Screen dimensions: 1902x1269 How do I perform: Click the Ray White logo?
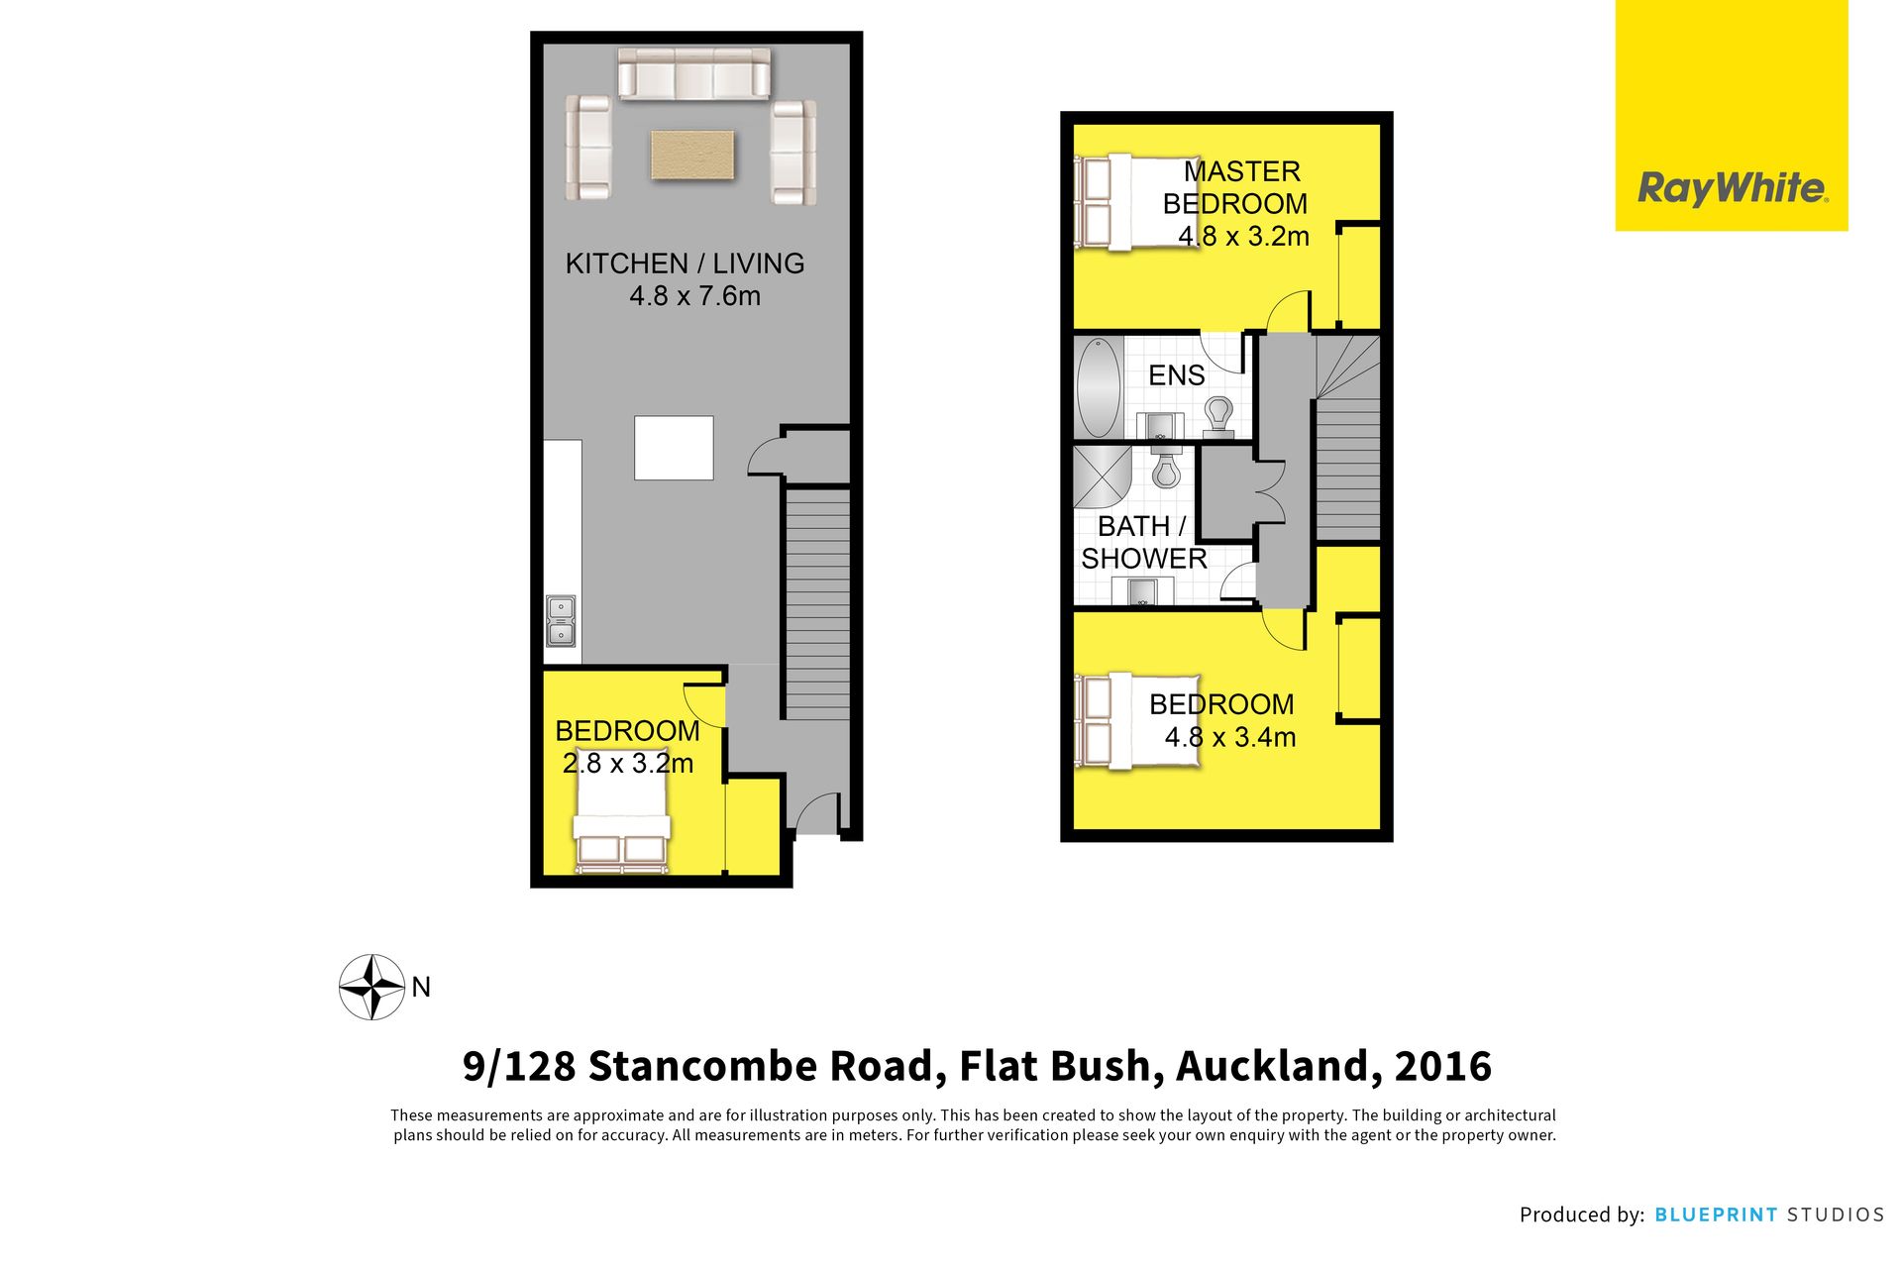(x=1732, y=187)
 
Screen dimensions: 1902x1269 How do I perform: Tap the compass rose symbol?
(x=371, y=987)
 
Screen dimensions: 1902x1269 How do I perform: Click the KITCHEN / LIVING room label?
(x=685, y=264)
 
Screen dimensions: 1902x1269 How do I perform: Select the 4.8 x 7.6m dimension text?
(x=694, y=296)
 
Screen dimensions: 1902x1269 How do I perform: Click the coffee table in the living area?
(x=692, y=156)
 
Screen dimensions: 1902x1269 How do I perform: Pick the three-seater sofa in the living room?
(x=694, y=73)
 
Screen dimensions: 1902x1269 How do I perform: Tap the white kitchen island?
(x=674, y=448)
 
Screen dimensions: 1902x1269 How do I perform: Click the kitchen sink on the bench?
(x=561, y=621)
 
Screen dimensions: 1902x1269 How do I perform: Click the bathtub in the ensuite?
(x=1098, y=387)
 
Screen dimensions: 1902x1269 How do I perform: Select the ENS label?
(x=1177, y=375)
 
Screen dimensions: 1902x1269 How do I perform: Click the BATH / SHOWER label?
(x=1144, y=542)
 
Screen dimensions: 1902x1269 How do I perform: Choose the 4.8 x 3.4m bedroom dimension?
(x=1230, y=737)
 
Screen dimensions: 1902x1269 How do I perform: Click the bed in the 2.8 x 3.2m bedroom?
(x=622, y=819)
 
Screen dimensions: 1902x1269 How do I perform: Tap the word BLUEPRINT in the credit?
(x=1716, y=1215)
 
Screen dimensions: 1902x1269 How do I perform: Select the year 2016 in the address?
(x=1442, y=1067)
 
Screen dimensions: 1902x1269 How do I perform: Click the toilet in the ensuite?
(x=1218, y=416)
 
